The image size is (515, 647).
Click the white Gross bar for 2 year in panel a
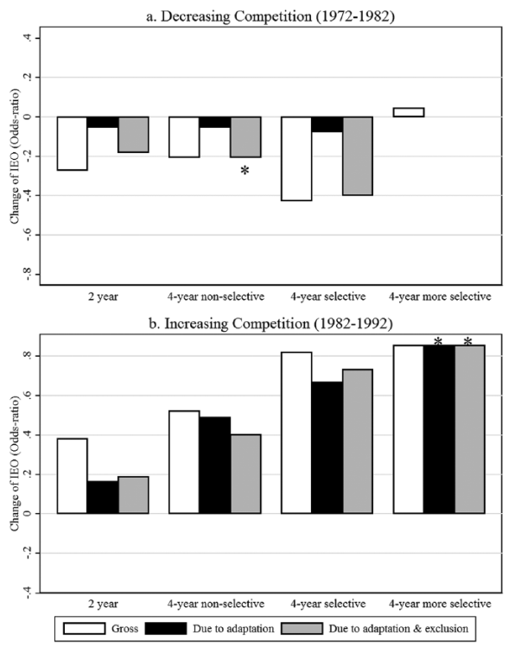pos(73,143)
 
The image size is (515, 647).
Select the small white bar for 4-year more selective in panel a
pos(409,112)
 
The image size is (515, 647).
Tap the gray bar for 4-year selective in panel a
pos(358,156)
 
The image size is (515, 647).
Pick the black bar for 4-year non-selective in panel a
pos(214,122)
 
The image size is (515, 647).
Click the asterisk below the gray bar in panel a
pos(245,170)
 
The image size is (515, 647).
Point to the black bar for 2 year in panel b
pos(103,497)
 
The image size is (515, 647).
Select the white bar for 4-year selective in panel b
pos(296,433)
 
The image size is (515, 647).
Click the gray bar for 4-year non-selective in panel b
pos(245,474)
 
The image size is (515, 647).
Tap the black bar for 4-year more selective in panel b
pos(439,429)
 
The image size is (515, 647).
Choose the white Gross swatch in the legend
pos(84,629)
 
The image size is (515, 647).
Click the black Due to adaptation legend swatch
pos(166,629)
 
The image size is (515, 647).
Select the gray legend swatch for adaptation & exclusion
pos(302,629)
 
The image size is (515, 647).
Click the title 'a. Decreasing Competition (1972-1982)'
pos(270,16)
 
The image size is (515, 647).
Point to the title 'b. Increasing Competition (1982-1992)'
pos(270,323)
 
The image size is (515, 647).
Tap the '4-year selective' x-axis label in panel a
pos(328,296)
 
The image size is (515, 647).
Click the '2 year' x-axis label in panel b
pos(103,604)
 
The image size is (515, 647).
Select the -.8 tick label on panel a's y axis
pos(28,274)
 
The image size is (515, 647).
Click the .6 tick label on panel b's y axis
pos(28,396)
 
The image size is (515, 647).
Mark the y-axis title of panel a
pos(15,156)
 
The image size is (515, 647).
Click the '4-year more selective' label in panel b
pos(440,604)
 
